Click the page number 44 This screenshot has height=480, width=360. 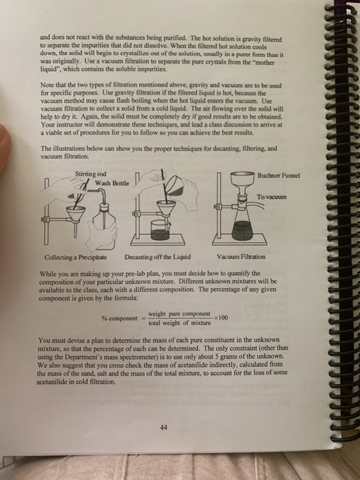163,427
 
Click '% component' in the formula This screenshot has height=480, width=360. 117,318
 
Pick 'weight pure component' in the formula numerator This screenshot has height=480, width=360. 180,313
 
